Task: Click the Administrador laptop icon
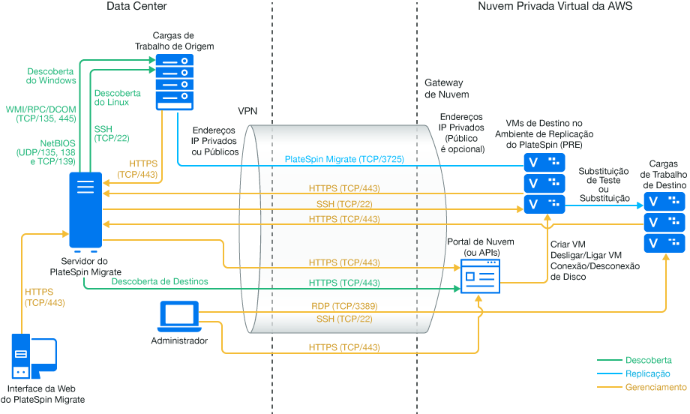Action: tap(179, 316)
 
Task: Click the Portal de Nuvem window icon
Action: tap(480, 277)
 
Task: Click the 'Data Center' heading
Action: tap(137, 7)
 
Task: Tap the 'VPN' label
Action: tap(247, 111)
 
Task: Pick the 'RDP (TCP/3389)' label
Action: tap(343, 307)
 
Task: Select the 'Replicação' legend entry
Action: tap(647, 373)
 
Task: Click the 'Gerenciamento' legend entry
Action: tap(655, 387)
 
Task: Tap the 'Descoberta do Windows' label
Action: tap(51, 76)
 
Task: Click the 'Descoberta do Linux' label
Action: tap(117, 98)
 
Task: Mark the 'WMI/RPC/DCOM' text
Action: tap(40, 109)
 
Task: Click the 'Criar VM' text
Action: tap(569, 244)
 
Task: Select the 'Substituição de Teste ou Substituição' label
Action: tap(604, 184)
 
